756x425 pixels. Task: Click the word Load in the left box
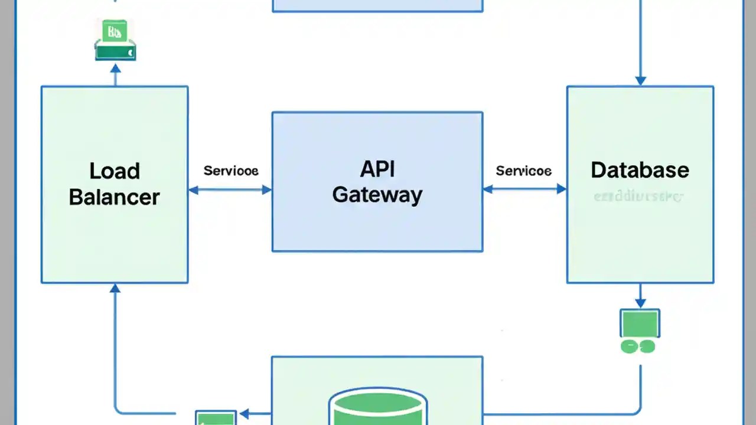(115, 171)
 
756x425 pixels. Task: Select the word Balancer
(115, 197)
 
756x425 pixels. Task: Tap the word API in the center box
(377, 169)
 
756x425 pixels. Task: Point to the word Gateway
(377, 195)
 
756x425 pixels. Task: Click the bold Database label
(640, 170)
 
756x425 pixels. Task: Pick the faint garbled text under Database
(638, 196)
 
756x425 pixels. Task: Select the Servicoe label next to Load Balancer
(230, 171)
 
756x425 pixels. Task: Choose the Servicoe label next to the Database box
(523, 171)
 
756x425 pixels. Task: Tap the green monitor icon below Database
(640, 323)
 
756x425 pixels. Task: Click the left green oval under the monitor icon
(630, 346)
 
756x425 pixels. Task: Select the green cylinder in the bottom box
(377, 407)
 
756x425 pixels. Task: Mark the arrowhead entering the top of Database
(640, 81)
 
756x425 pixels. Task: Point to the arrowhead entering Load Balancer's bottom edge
(115, 289)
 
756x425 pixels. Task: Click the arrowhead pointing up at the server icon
(115, 68)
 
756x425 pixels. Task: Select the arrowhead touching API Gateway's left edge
(266, 189)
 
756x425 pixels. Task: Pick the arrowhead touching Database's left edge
(561, 189)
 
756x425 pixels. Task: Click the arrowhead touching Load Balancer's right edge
(194, 189)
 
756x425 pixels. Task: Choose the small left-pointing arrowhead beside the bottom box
(245, 414)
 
